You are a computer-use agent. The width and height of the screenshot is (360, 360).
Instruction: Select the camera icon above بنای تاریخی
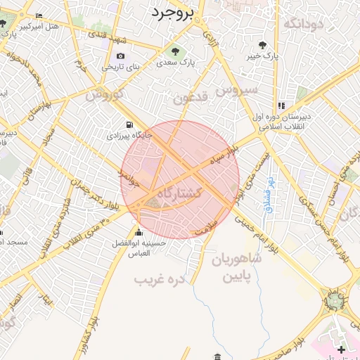[121, 56]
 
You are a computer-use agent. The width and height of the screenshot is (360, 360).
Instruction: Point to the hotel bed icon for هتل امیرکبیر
[38, 16]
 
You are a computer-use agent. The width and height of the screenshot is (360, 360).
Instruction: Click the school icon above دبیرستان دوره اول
[281, 106]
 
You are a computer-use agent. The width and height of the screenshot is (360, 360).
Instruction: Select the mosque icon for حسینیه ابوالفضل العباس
[139, 233]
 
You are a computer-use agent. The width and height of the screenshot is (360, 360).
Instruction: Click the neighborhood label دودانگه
[303, 23]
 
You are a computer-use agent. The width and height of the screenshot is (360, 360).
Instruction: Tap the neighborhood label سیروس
[237, 91]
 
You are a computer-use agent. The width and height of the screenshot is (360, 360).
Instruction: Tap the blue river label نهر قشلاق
[269, 194]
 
